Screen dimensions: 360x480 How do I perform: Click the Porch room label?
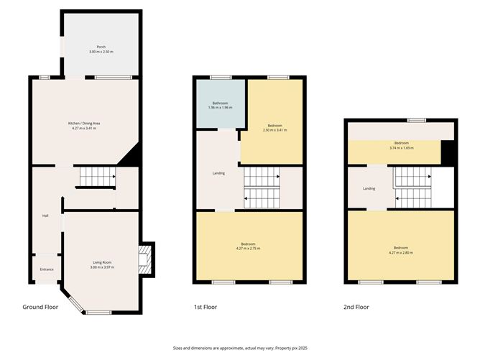97,50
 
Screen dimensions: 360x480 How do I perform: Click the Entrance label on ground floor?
46,269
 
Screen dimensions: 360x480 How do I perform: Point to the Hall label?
45,216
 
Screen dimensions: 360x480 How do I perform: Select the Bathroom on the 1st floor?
218,105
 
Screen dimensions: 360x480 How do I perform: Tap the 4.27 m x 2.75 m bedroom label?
249,246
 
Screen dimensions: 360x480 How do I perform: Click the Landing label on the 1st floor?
219,172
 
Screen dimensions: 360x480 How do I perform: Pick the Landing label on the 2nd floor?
369,189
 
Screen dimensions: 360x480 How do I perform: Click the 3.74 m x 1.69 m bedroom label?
394,146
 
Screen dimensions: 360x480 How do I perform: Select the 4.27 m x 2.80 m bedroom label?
400,250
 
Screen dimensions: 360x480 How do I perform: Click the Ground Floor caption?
41,307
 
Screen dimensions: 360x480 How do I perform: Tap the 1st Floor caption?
205,307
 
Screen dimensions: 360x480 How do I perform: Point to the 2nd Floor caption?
356,307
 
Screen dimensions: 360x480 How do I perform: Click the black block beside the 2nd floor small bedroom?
448,152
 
